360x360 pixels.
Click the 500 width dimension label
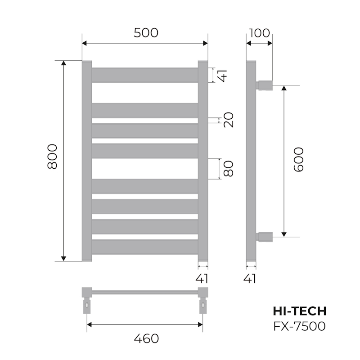pyautogui.click(x=146, y=33)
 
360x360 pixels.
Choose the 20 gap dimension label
pyautogui.click(x=229, y=120)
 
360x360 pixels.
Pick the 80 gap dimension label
pyautogui.click(x=229, y=168)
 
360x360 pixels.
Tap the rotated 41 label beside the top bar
pyautogui.click(x=222, y=75)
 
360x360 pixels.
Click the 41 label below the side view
pyautogui.click(x=251, y=279)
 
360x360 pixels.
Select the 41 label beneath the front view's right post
pyautogui.click(x=202, y=279)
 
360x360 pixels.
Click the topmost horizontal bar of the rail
pyautogui.click(x=145, y=75)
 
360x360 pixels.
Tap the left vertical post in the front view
pyautogui.click(x=87, y=161)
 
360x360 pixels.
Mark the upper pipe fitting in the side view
pyautogui.click(x=265, y=85)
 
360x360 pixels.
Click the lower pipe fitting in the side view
pyautogui.click(x=265, y=237)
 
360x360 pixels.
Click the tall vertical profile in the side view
pyautogui.click(x=251, y=161)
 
